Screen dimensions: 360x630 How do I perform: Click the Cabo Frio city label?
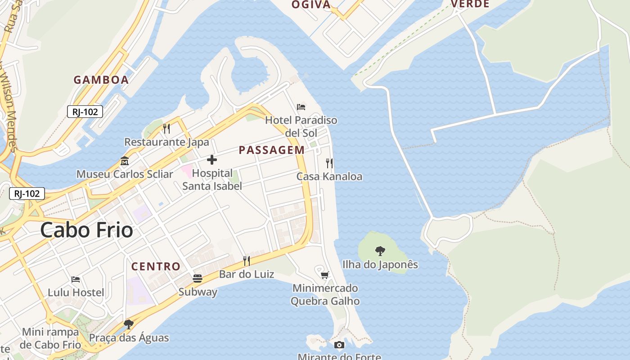tap(86, 230)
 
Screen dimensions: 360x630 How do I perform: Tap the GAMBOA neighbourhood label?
tap(101, 80)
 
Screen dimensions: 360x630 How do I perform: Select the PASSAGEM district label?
tap(271, 150)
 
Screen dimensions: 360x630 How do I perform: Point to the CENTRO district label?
tap(156, 266)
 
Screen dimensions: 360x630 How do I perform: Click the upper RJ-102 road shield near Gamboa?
tap(85, 112)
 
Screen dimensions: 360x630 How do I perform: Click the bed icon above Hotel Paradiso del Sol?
tap(301, 107)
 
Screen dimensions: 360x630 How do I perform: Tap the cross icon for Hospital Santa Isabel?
tap(212, 160)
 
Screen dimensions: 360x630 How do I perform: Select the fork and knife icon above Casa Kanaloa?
tap(329, 163)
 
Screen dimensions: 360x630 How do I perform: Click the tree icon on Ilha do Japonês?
tap(380, 251)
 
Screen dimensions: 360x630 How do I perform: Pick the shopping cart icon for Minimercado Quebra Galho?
tap(325, 275)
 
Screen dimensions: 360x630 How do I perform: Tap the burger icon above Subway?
tap(198, 279)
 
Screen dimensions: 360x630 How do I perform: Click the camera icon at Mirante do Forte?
tap(339, 345)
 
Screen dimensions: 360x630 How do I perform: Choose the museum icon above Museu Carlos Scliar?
tap(124, 161)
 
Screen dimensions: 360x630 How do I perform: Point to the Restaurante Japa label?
tap(166, 142)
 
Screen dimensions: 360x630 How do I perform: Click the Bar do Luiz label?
tap(247, 274)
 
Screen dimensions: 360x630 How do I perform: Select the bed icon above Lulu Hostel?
tap(76, 279)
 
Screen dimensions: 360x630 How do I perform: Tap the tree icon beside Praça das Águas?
tap(129, 324)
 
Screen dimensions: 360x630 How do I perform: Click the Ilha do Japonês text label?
tap(380, 265)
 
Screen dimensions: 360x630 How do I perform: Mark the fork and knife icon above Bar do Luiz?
tap(246, 261)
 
